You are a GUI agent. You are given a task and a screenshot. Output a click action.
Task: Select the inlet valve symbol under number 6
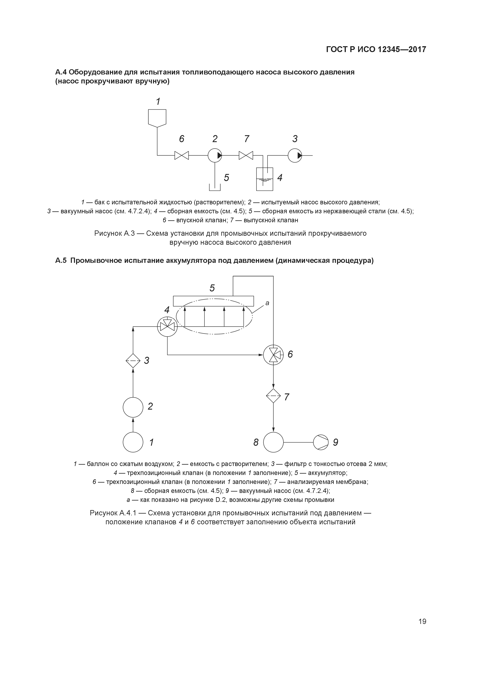click(182, 155)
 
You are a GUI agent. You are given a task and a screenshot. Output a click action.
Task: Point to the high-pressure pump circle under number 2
click(215, 155)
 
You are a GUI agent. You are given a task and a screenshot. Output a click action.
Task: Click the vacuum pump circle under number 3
click(295, 155)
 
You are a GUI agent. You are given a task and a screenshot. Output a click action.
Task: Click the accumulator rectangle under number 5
click(213, 301)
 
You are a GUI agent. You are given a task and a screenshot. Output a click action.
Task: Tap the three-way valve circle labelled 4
click(167, 327)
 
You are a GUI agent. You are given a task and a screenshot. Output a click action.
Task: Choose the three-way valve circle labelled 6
click(273, 355)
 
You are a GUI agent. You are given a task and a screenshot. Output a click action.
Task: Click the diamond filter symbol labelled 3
click(133, 361)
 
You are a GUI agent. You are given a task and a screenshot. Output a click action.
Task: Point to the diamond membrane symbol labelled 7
click(273, 396)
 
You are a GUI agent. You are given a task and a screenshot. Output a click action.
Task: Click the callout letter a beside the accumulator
click(267, 303)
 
